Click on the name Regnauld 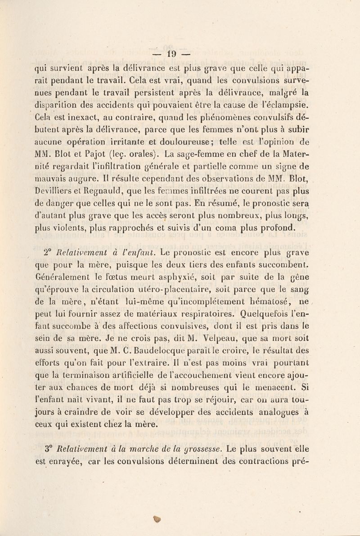click(x=97, y=183)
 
